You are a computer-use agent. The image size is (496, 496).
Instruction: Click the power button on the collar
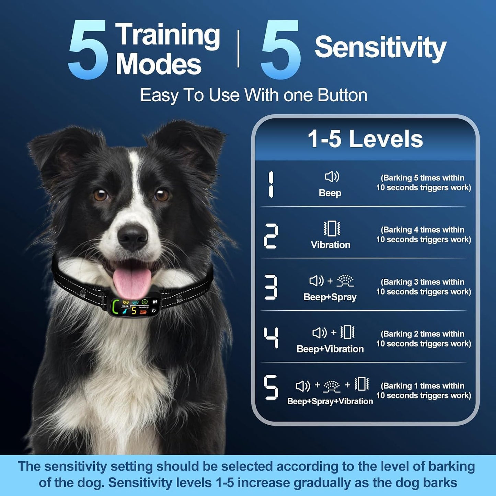pyautogui.click(x=154, y=310)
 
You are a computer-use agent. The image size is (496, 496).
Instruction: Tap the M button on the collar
pyautogui.click(x=155, y=302)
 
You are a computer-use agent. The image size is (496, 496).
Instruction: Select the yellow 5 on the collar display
pyautogui.click(x=134, y=310)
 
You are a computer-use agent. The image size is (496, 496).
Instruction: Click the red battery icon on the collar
pyautogui.click(x=143, y=312)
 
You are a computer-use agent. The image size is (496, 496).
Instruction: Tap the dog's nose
pyautogui.click(x=132, y=237)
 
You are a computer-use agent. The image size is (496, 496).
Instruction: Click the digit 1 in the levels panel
pyautogui.click(x=270, y=185)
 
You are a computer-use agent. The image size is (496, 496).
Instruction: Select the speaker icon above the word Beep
pyautogui.click(x=332, y=177)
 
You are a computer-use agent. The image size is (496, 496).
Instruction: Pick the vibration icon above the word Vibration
pyautogui.click(x=332, y=228)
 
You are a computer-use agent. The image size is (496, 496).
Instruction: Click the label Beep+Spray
pyautogui.click(x=330, y=297)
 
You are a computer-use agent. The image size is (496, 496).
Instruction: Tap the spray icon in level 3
pyautogui.click(x=345, y=281)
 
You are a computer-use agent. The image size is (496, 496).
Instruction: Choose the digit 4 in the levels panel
pyautogui.click(x=271, y=338)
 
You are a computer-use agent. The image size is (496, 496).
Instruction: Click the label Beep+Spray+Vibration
pyautogui.click(x=330, y=401)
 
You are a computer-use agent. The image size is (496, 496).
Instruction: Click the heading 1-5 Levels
pyautogui.click(x=365, y=139)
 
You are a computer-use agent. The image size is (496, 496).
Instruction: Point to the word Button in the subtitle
pyautogui.click(x=342, y=95)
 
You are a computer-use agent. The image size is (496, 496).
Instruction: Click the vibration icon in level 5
pyautogui.click(x=362, y=384)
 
